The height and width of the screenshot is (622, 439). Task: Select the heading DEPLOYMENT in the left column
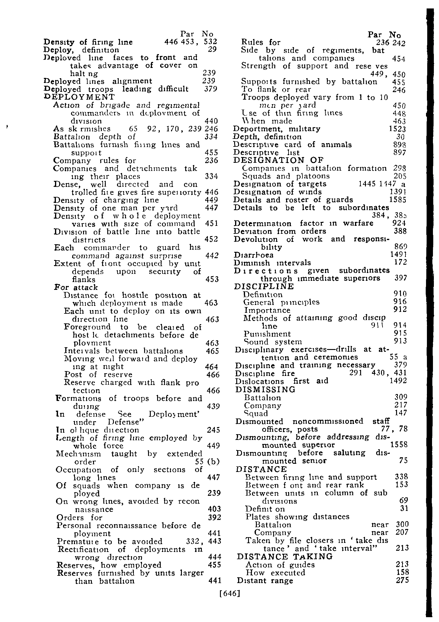point(79,97)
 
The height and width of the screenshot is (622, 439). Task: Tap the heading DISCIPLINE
point(264,286)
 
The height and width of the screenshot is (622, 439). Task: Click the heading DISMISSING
point(266,390)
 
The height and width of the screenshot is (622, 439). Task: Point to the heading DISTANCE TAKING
point(285,556)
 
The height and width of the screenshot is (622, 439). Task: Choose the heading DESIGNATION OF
point(279,160)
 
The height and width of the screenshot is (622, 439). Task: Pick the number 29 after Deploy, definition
point(213,50)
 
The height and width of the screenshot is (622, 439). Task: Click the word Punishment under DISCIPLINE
point(267,334)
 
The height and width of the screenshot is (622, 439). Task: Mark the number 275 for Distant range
point(402,580)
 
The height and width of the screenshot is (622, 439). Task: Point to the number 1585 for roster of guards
point(398,200)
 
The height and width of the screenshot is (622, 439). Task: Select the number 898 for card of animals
point(400,145)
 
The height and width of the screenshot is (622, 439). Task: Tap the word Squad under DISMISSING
point(256,413)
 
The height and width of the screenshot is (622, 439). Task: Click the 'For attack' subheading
point(76,287)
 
